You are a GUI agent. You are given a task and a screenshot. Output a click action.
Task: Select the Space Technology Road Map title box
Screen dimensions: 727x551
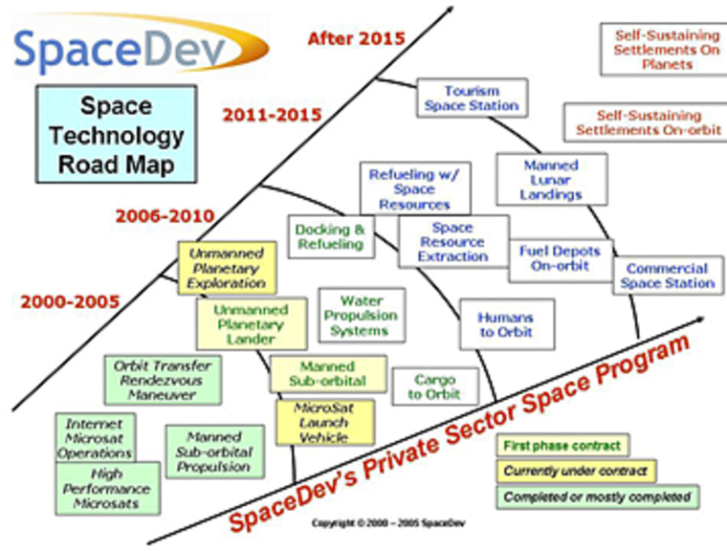117,134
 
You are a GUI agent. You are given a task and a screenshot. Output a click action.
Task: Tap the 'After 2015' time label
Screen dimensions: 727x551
356,38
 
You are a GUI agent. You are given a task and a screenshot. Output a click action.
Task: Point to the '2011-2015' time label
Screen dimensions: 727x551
272,115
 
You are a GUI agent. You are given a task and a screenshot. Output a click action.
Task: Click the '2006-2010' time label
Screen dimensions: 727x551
165,215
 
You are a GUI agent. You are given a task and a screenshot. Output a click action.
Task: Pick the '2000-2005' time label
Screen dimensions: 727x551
70,302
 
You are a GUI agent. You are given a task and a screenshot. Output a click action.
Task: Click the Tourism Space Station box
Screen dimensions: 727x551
472,98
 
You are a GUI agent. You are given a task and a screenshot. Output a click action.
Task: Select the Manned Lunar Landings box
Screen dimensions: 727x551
552,180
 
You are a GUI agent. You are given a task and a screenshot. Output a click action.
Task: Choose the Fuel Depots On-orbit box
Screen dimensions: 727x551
561,261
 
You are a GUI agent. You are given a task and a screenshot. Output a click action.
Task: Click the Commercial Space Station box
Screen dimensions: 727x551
668,275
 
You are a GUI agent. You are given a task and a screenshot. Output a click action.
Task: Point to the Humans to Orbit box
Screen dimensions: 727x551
507,324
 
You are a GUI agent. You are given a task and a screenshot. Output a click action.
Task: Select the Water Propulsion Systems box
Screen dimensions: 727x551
362,316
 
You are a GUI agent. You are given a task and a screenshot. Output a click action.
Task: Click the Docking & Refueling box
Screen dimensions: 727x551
331,236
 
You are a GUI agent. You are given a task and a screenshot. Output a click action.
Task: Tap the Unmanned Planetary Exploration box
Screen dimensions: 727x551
228,268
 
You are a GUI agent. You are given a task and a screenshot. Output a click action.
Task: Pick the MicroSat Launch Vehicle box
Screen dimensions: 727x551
325,423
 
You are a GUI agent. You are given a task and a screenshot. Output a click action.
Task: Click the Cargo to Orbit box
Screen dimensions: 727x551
435,386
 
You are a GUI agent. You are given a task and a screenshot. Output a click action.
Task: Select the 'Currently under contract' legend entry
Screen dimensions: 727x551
576,472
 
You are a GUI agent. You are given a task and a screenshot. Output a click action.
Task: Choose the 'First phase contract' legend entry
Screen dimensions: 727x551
562,446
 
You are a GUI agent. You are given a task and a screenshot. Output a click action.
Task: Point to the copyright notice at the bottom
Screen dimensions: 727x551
388,523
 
